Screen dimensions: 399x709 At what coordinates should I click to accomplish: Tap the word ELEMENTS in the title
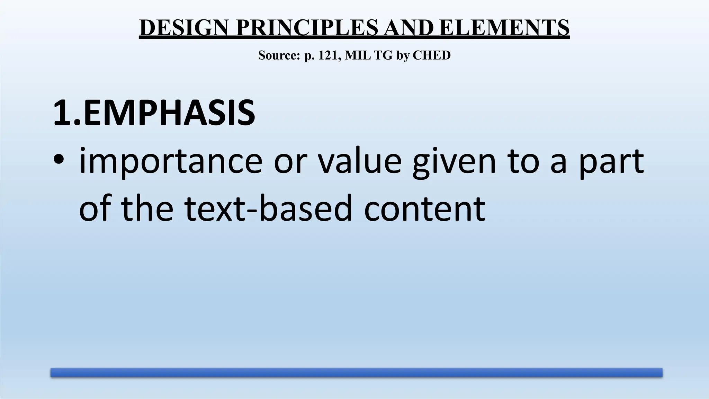coord(504,28)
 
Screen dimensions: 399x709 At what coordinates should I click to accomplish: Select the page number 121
coord(327,55)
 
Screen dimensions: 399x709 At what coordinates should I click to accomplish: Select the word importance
coord(171,161)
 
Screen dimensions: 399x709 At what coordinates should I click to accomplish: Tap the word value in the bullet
coord(359,161)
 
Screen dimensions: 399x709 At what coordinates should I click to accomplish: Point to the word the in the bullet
coord(147,209)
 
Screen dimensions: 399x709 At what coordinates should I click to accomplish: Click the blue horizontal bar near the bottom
coord(356,372)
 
